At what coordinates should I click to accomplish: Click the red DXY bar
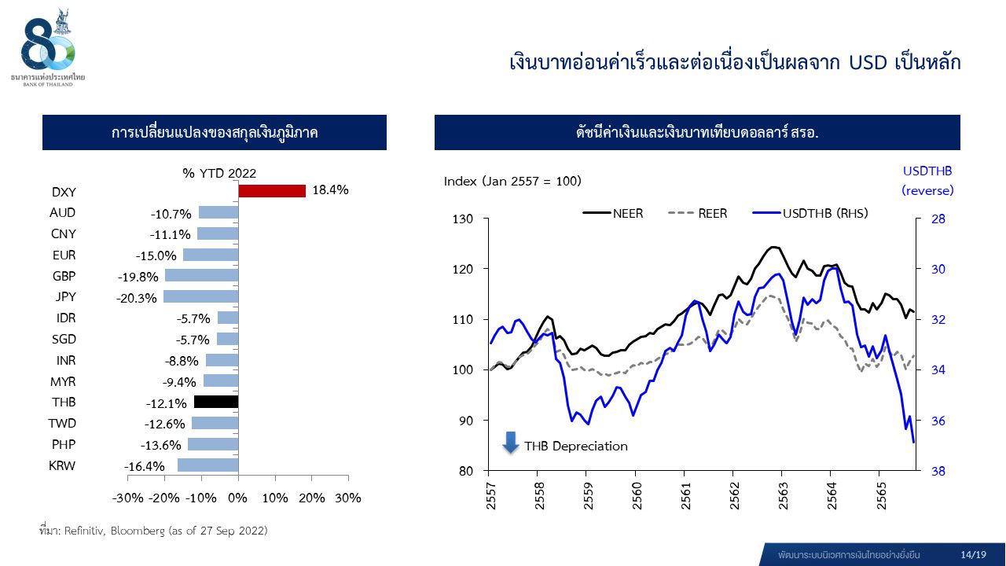click(x=271, y=191)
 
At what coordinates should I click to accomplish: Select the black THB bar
click(x=216, y=402)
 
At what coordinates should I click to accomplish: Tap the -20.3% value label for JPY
click(x=137, y=298)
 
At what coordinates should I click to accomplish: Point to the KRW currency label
click(x=62, y=465)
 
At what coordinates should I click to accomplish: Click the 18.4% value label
click(x=330, y=190)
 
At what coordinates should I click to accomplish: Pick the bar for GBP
click(x=201, y=276)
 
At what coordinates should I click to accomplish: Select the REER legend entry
click(x=698, y=213)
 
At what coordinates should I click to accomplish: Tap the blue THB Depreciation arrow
click(x=511, y=443)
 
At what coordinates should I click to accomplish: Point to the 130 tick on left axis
click(x=463, y=219)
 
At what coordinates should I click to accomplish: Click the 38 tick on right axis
click(x=938, y=472)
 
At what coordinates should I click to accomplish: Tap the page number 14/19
click(x=973, y=554)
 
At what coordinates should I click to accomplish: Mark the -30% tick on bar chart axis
click(x=128, y=498)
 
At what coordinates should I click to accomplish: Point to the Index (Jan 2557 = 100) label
click(x=512, y=182)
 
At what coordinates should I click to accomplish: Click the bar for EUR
click(x=211, y=255)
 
